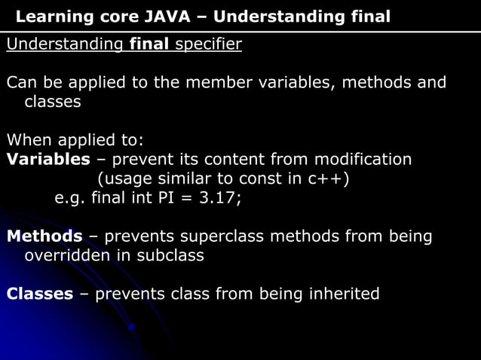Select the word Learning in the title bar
click(50, 17)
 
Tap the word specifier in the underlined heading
click(208, 44)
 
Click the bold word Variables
click(48, 159)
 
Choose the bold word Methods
click(44, 236)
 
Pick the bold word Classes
click(40, 294)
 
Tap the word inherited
click(344, 294)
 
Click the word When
click(26, 140)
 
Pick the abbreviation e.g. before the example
click(70, 199)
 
